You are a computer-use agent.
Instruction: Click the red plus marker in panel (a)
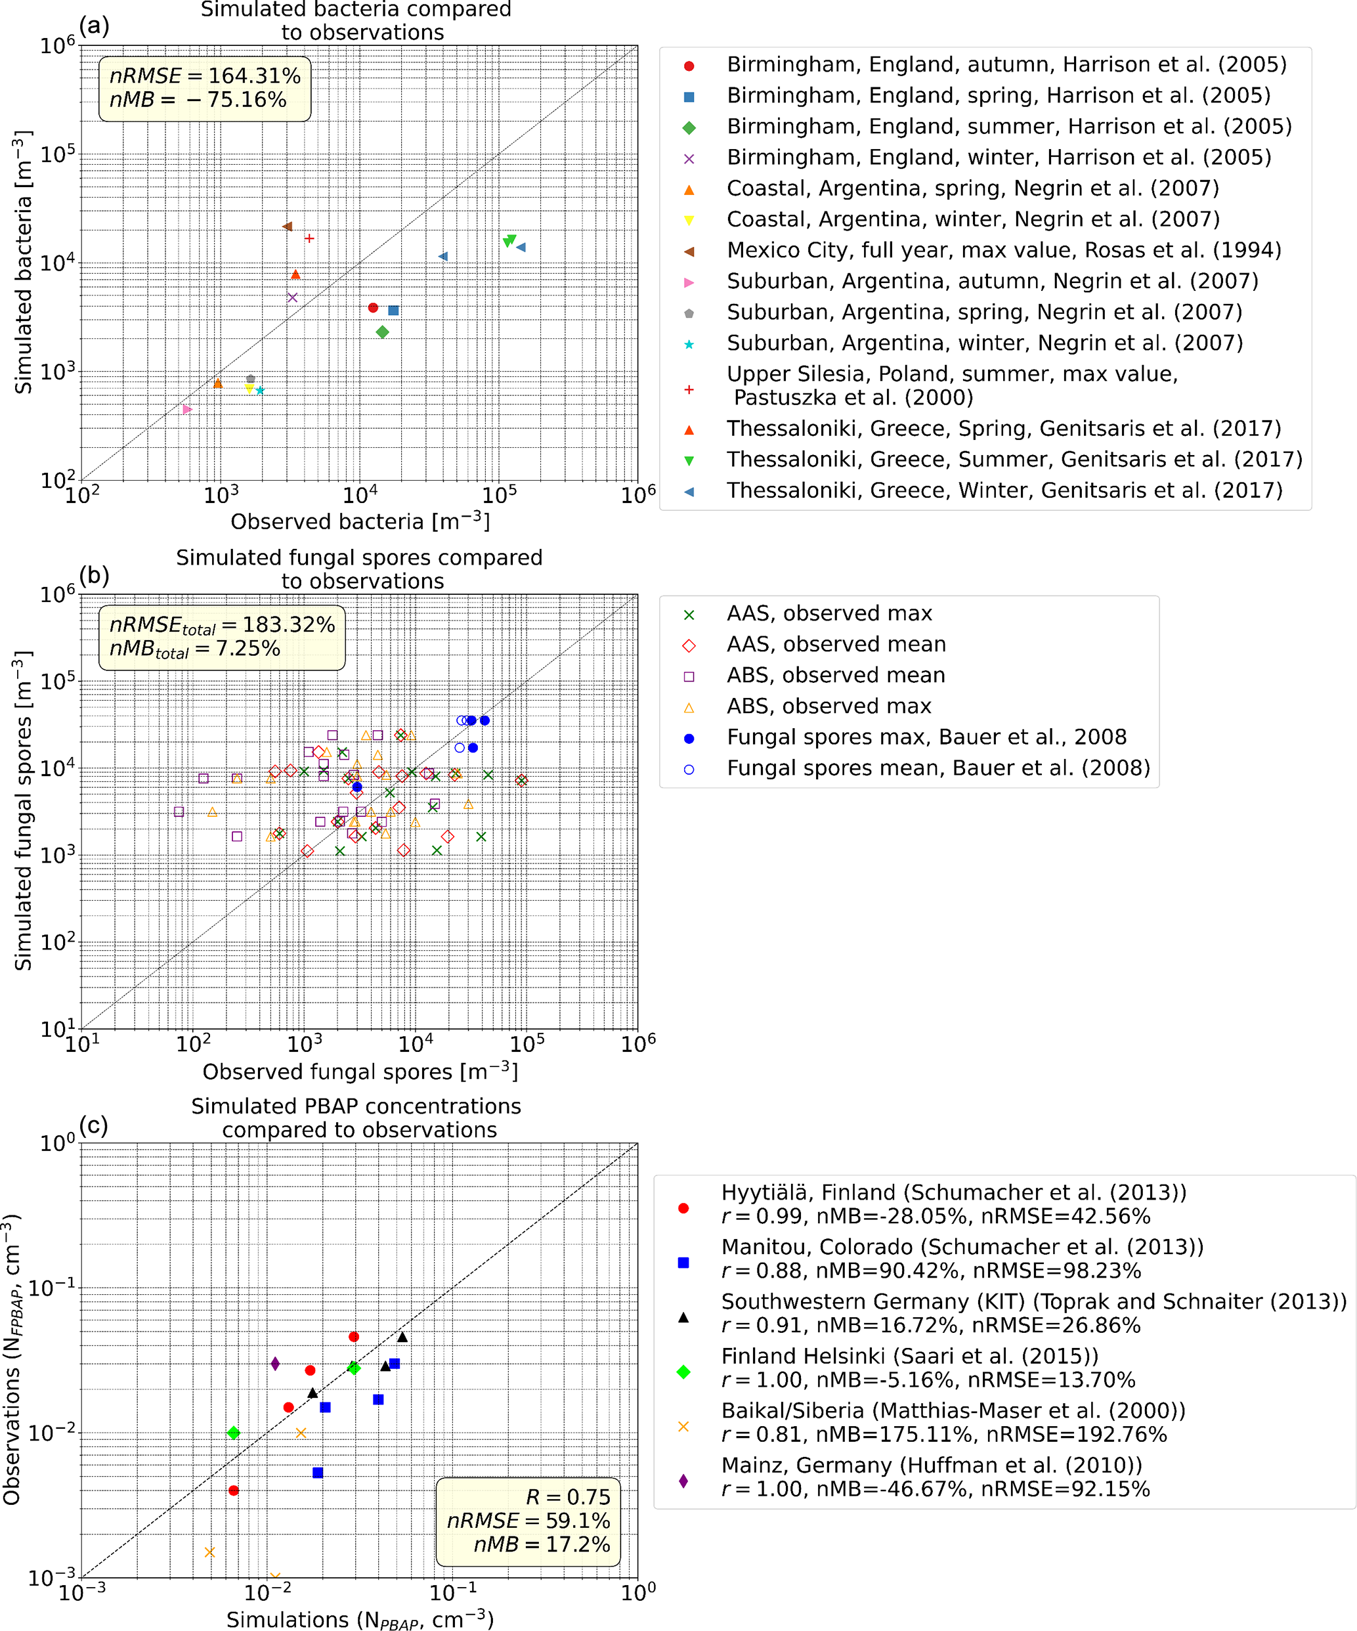click(309, 238)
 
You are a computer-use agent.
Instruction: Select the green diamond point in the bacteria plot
click(382, 332)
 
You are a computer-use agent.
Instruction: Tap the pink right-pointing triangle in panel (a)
click(187, 409)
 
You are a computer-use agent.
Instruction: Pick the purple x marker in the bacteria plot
click(292, 297)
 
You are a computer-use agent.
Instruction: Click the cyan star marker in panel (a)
click(259, 391)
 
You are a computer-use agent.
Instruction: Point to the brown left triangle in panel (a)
click(287, 227)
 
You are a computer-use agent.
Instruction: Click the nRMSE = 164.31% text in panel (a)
click(205, 76)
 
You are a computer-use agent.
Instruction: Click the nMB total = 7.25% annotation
click(194, 649)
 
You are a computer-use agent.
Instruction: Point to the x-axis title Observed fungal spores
click(360, 1071)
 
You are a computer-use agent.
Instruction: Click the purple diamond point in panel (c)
click(275, 1364)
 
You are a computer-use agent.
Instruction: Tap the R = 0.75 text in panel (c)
click(568, 1496)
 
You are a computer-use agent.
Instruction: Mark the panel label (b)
click(94, 575)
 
